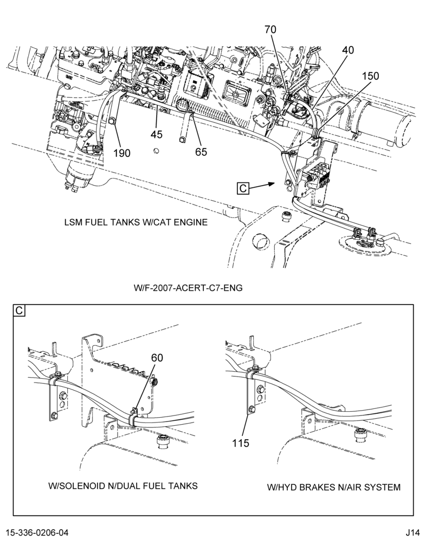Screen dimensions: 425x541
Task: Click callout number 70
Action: [x=271, y=30]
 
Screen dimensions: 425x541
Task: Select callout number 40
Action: [x=348, y=50]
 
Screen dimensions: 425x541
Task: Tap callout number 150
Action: [x=370, y=76]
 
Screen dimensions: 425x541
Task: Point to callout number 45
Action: [x=156, y=134]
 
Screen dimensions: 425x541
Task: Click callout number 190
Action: [x=122, y=153]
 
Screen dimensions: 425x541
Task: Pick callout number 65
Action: [x=201, y=152]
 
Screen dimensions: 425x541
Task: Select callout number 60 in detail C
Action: [x=157, y=358]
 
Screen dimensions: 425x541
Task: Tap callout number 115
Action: [x=241, y=443]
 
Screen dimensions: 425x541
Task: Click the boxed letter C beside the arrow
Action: [x=243, y=188]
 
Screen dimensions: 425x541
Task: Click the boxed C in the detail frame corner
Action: [x=19, y=311]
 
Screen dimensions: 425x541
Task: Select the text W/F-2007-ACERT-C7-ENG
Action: [x=188, y=287]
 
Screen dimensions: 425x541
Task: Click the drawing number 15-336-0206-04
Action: [x=37, y=532]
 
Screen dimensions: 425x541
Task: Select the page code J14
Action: [x=413, y=532]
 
